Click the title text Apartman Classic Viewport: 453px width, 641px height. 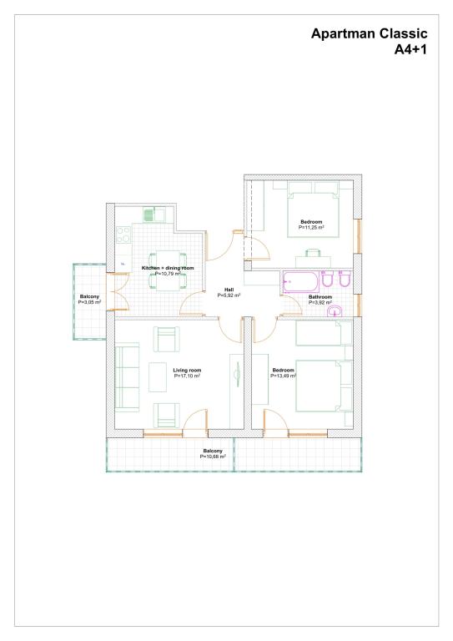tap(370, 33)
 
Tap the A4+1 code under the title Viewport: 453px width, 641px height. tap(410, 49)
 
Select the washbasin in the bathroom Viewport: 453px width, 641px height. tap(335, 311)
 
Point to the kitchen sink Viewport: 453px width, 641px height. tap(154, 215)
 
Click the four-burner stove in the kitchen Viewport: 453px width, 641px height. tap(123, 235)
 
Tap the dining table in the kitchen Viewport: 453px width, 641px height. tap(168, 270)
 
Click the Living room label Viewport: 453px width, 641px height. tap(187, 371)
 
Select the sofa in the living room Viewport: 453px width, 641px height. tap(127, 377)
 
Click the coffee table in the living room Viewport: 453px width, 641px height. tap(158, 377)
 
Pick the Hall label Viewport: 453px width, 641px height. tap(229, 290)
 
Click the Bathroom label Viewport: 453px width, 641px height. tap(320, 297)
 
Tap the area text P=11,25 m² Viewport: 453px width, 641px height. tap(311, 227)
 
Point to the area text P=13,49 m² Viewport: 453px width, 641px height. tap(283, 376)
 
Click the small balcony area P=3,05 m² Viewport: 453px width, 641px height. tap(89, 302)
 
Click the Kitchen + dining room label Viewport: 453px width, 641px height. tap(168, 268)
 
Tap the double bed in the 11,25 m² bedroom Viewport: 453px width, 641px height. tap(314, 209)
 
